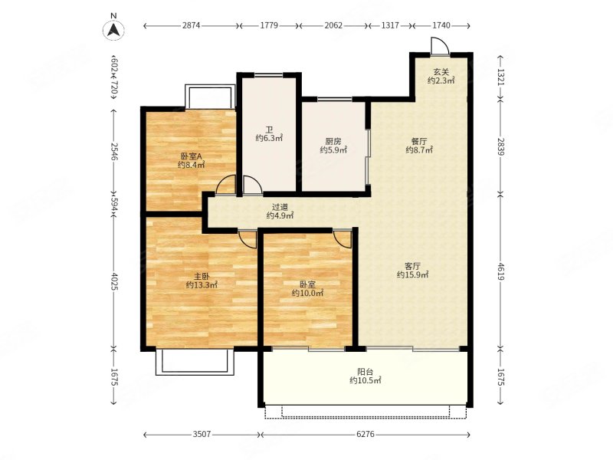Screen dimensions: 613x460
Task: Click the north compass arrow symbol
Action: (x=113, y=30)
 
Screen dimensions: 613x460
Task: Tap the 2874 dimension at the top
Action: (x=191, y=25)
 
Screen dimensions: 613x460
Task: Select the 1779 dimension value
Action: (x=269, y=25)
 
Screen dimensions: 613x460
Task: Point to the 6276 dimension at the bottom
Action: (x=366, y=434)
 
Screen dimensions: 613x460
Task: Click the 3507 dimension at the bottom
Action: (x=202, y=434)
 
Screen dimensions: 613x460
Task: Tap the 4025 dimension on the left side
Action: (x=113, y=281)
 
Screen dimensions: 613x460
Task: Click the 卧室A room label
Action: (x=191, y=156)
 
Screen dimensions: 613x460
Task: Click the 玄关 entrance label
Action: (x=441, y=72)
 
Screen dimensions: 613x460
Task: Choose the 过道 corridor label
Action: (x=280, y=207)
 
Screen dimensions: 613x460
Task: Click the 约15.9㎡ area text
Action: (x=413, y=274)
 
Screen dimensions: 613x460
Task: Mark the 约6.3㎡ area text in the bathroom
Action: (x=270, y=138)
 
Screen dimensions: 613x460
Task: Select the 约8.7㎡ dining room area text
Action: (x=419, y=149)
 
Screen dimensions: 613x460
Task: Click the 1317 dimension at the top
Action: (x=390, y=25)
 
